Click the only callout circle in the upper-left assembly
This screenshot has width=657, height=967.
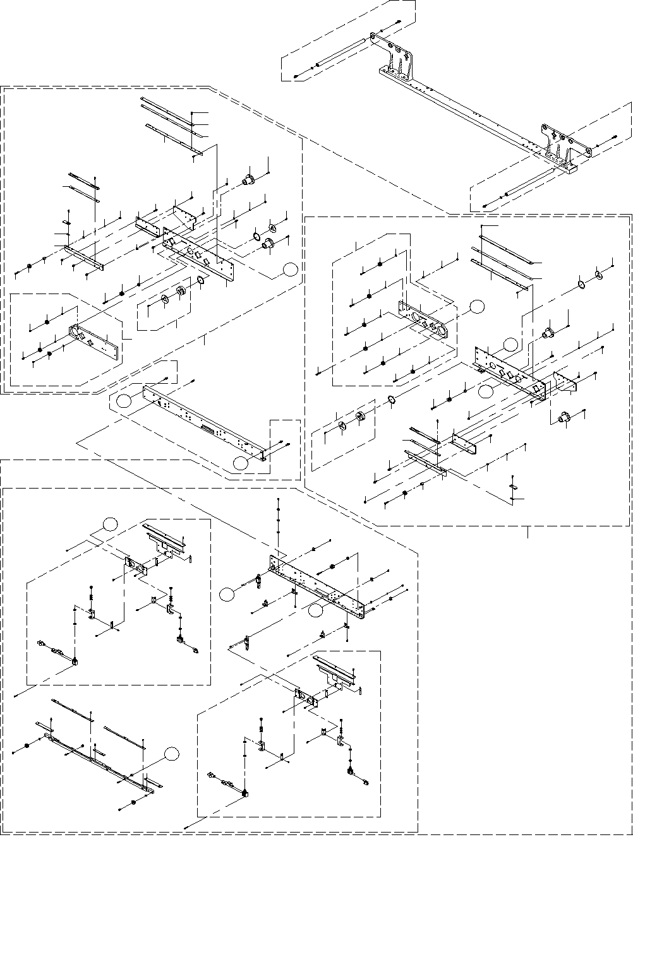tap(290, 269)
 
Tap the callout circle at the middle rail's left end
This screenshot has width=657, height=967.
tap(125, 399)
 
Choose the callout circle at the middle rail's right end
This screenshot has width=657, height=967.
tap(240, 463)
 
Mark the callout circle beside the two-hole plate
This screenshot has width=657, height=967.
tap(477, 306)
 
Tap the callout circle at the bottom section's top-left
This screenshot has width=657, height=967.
tap(110, 523)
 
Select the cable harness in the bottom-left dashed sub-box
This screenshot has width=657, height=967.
tap(60, 653)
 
